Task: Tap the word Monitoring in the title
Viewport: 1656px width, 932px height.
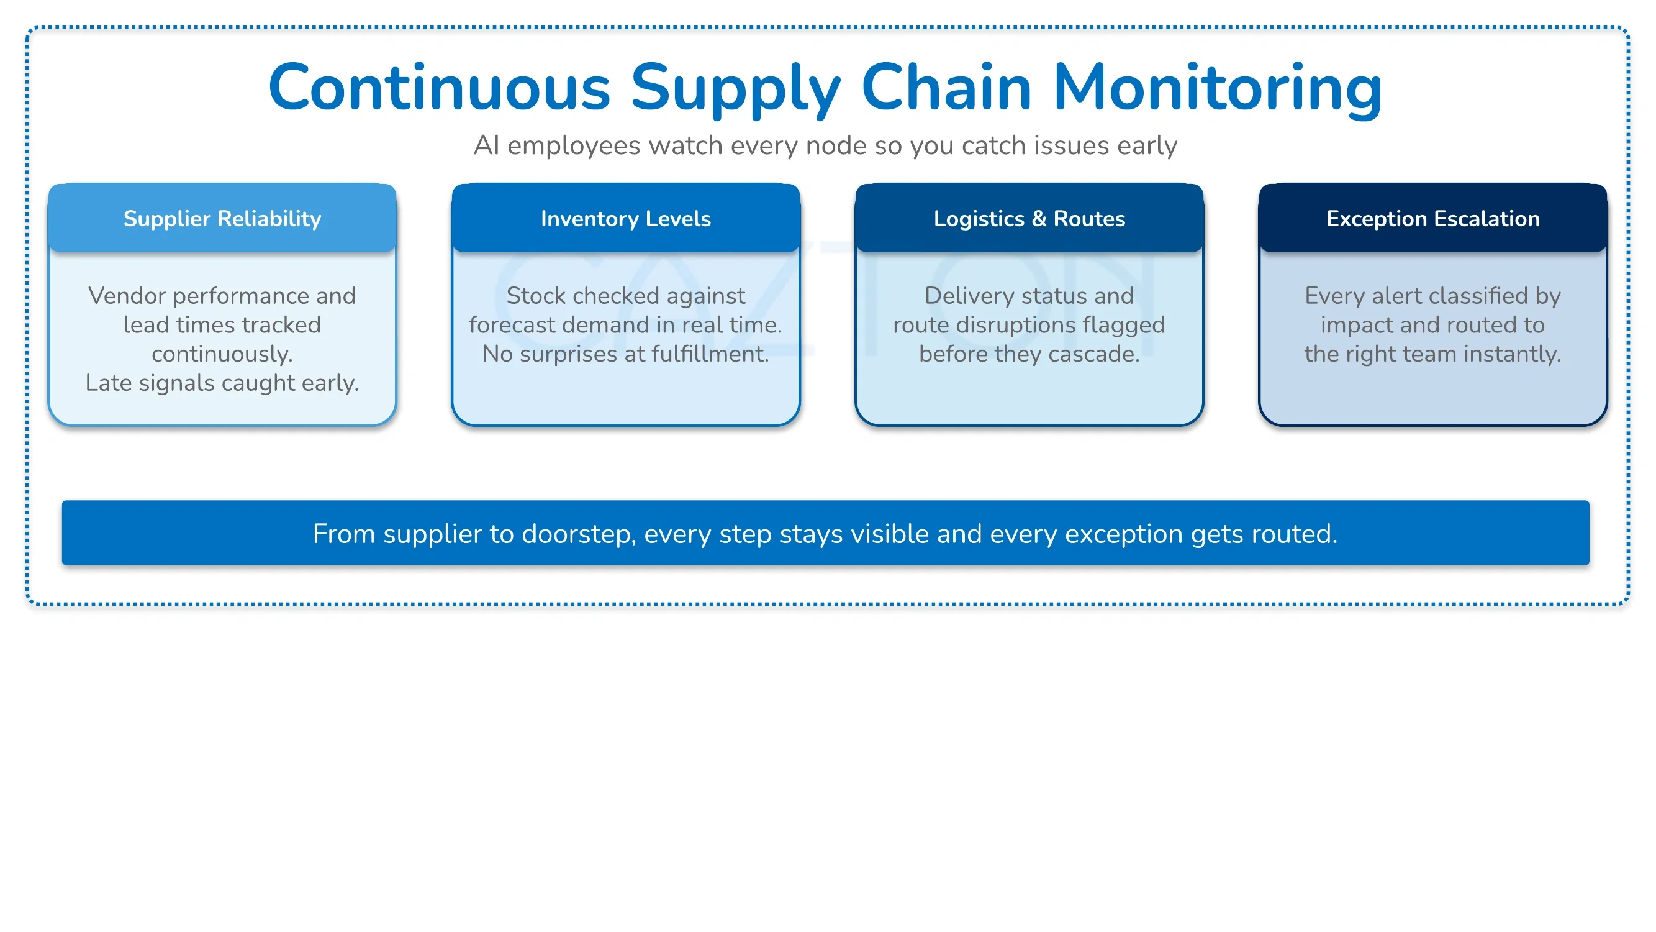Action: click(1217, 89)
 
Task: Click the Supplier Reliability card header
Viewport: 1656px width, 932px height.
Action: click(222, 218)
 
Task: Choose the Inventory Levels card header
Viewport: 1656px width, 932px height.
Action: click(625, 218)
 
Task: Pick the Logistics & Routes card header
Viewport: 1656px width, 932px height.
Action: click(1029, 218)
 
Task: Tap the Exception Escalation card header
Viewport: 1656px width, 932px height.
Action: click(1433, 218)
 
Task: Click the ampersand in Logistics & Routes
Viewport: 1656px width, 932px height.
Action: click(1039, 219)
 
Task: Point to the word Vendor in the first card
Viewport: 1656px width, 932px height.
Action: click(127, 296)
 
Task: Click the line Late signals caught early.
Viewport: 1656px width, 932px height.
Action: click(222, 383)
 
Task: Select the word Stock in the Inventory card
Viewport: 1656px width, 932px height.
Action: click(535, 296)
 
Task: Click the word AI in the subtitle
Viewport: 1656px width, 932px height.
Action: click(487, 145)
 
